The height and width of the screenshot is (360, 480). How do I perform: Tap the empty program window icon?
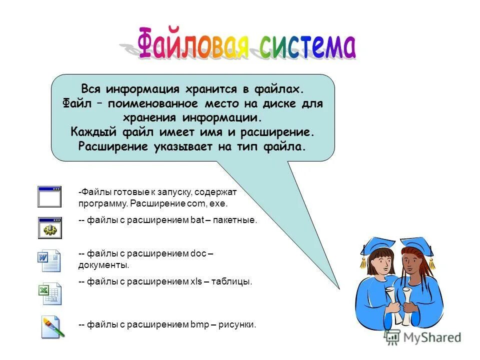coord(49,196)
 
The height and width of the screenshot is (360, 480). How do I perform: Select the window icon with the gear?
coord(49,227)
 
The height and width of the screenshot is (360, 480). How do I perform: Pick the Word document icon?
coord(49,260)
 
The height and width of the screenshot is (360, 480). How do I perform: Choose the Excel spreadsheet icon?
coord(50,293)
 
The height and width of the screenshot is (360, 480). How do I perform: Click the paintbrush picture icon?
coord(52,326)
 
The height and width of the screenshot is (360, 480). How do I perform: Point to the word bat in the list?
coord(196,220)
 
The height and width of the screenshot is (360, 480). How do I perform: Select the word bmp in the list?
coord(199,324)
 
